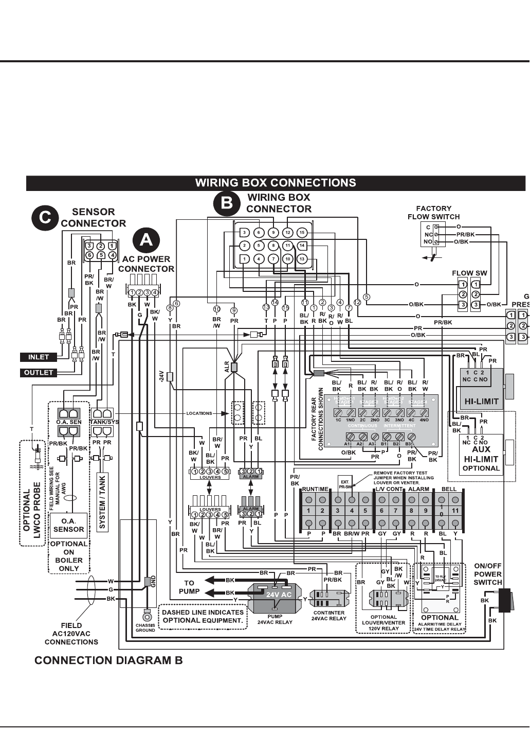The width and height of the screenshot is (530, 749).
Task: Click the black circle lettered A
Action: pos(147,240)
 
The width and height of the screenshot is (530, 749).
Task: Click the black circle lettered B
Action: pos(227,203)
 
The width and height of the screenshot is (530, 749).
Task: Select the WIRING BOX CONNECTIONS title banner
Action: pos(276,183)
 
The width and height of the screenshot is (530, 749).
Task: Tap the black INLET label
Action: pos(39,357)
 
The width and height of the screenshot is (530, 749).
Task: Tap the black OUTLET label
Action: pos(39,373)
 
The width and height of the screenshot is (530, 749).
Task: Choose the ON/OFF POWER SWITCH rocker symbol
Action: pos(504,600)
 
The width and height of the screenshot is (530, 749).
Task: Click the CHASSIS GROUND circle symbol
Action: pos(147,617)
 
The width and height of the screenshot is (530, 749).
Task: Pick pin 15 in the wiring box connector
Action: pos(302,233)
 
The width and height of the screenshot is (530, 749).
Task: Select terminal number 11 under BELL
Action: pos(455,511)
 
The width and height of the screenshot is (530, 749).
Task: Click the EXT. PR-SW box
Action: pos(345,484)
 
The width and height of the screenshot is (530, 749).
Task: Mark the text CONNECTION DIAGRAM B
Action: pos(108,660)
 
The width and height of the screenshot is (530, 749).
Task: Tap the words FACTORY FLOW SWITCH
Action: pos(433,213)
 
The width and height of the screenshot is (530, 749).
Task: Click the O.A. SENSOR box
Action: pos(68,525)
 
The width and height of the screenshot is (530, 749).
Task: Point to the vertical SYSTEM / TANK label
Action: pos(102,501)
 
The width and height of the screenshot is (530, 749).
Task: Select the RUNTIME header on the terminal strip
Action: pos(315,489)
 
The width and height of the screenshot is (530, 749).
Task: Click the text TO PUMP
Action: pos(189,587)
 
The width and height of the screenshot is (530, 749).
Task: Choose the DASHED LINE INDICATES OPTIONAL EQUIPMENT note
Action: pos(203,616)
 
